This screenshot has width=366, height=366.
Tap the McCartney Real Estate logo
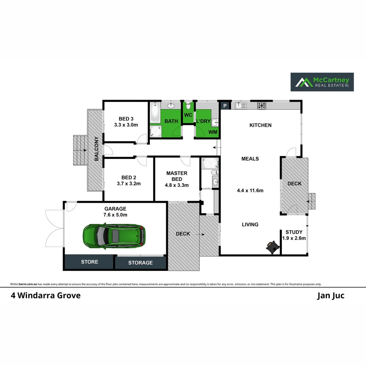pos(322,82)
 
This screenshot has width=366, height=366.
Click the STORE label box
pos(89,262)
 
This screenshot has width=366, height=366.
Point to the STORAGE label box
pos(140,263)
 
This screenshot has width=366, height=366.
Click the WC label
pos(188,115)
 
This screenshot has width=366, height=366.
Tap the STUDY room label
pos(294,235)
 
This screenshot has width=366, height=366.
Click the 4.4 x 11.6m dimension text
pos(250,190)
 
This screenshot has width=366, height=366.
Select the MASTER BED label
pos(177,179)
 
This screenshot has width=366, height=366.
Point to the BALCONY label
pos(97,148)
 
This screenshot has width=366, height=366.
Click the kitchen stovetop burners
pos(262,105)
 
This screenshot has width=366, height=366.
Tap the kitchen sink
pos(240,105)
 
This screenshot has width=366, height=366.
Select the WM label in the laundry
pos(213,132)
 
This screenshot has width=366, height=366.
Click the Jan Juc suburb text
pos(330,296)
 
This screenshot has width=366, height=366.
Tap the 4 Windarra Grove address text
pos(45,296)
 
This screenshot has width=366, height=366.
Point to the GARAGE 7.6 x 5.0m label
pos(115,212)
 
